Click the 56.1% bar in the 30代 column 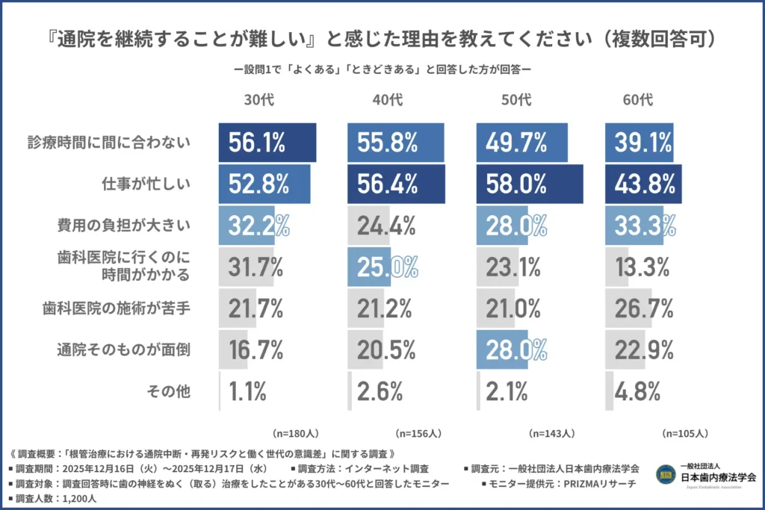pyautogui.click(x=267, y=143)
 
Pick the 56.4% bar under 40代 pyautogui.click(x=396, y=184)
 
